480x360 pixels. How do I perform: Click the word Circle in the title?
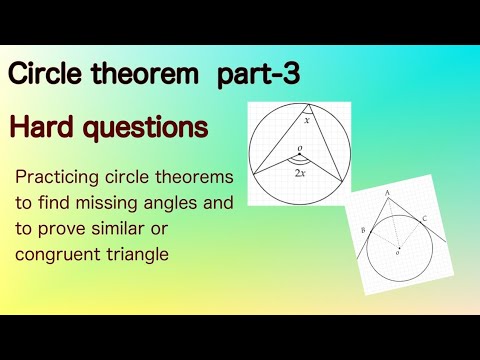point(44,75)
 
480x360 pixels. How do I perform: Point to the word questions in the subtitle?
point(148,129)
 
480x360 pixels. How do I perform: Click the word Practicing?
point(60,178)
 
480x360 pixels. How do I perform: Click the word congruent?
point(66,255)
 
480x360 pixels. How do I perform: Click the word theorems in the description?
point(197,178)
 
